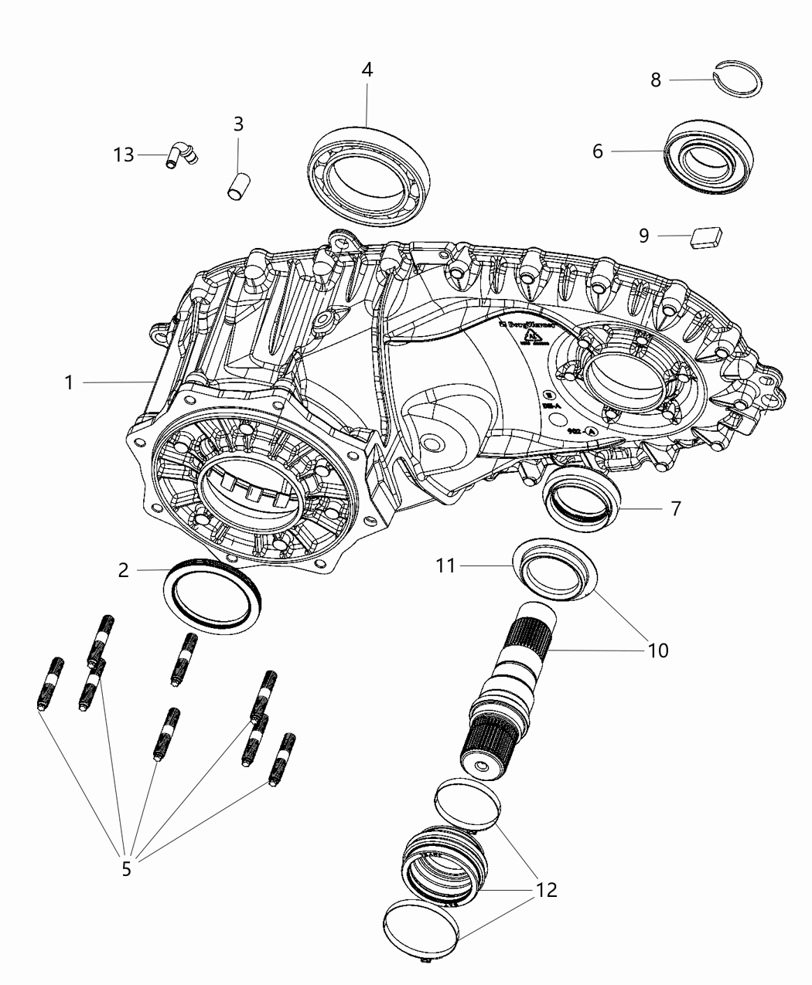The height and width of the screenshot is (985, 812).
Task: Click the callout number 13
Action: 124,155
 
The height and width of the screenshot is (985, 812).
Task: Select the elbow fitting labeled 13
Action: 182,154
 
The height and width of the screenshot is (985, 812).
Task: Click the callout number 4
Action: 367,70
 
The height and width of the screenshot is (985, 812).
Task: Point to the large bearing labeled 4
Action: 369,169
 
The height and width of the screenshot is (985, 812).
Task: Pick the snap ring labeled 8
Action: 739,80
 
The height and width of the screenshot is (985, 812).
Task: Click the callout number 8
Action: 656,80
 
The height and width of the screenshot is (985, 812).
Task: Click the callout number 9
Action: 644,236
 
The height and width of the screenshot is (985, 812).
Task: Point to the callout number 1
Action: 69,382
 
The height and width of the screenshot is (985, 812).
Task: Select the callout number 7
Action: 675,509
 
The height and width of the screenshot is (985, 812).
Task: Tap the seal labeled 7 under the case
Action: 583,499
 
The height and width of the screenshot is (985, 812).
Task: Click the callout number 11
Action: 446,566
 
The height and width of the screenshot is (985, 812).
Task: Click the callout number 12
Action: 546,890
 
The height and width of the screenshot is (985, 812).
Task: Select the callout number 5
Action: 126,868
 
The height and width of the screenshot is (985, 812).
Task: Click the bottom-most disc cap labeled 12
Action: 422,932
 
